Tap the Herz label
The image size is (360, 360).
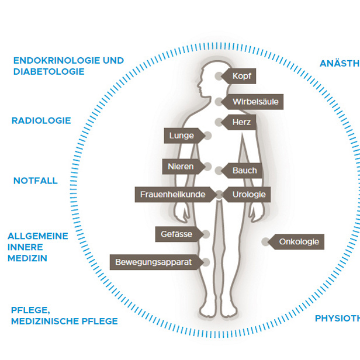point(241,122)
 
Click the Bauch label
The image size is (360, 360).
point(244,171)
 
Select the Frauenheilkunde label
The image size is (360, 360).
point(172,194)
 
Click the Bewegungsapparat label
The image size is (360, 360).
point(153,262)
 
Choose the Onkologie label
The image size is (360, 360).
point(298,241)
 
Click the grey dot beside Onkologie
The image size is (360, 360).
point(266,241)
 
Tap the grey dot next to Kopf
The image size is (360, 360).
point(219,76)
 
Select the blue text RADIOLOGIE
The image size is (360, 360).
point(41,120)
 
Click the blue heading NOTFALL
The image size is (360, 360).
point(36,181)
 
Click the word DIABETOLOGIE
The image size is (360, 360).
point(49,71)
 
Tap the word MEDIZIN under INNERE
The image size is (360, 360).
point(27,258)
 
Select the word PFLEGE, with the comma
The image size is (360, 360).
point(29,310)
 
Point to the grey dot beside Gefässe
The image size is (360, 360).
point(205,234)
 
